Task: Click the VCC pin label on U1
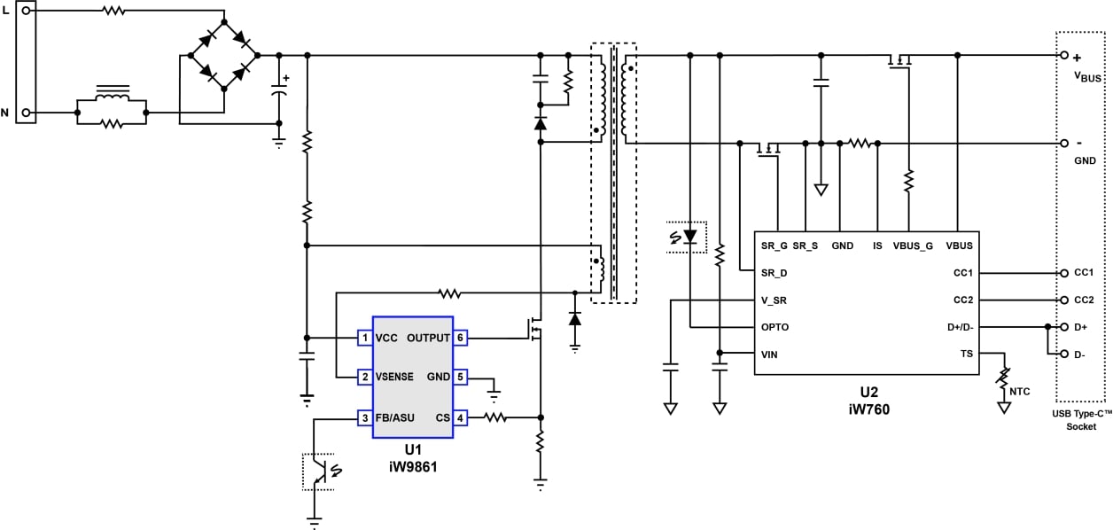click(386, 338)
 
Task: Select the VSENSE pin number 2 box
click(364, 378)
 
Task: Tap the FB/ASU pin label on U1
click(394, 417)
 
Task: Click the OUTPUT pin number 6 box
click(460, 338)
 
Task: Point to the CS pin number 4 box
click(460, 417)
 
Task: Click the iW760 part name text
click(874, 409)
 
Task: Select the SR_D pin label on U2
click(774, 273)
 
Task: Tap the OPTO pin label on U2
click(774, 327)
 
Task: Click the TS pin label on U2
click(966, 354)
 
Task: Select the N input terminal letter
click(6, 113)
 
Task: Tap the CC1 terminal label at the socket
click(1085, 274)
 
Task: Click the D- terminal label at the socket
click(1080, 355)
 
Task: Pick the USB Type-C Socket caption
click(1081, 420)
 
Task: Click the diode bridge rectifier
click(223, 55)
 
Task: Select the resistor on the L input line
click(113, 12)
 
